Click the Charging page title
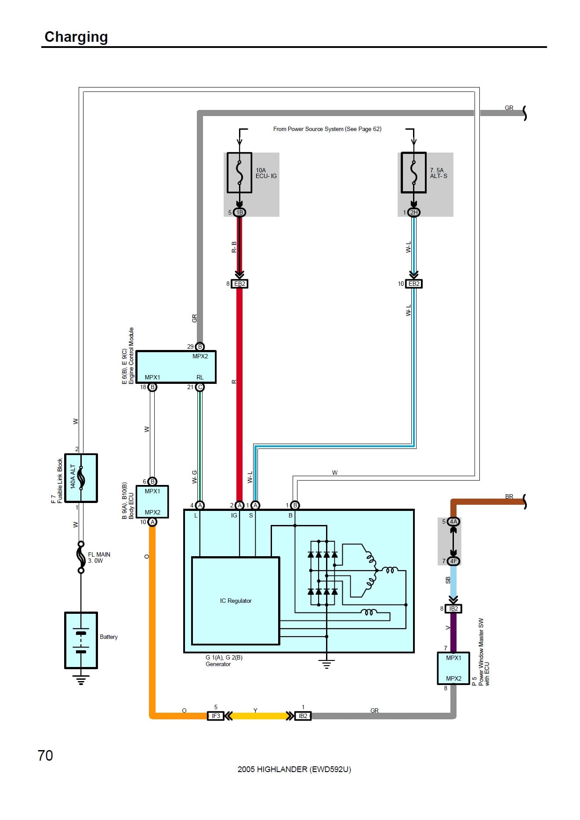pos(76,37)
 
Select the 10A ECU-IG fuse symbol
pos(239,172)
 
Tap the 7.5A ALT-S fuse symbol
pos(413,172)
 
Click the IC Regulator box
pos(236,601)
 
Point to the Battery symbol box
pos(81,640)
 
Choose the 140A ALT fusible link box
pos(81,478)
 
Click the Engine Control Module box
pos(176,367)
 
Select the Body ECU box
pos(152,502)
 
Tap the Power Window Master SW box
pos(453,668)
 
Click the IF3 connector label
pos(216,716)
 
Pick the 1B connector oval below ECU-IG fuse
pos(239,212)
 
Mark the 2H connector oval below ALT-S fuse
pos(413,212)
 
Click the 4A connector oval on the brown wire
pos(453,521)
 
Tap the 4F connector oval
pos(453,561)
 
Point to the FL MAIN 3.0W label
pos(99,558)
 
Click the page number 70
pos(45,755)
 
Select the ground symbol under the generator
pos(326,664)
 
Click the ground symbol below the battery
pos(81,680)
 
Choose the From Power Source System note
pos(327,129)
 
